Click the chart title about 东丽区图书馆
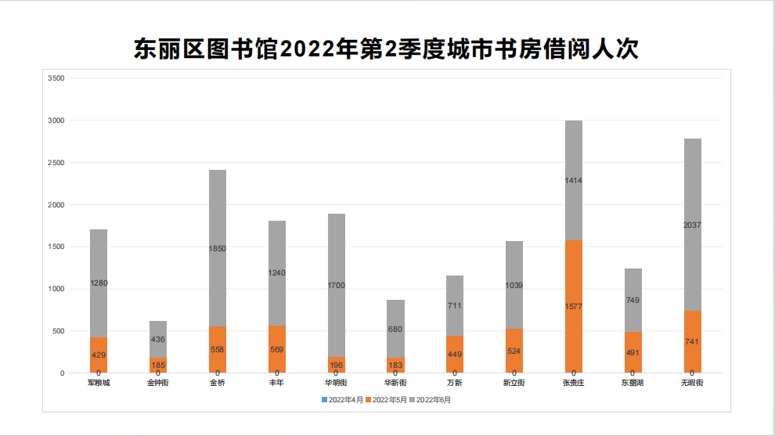click(387, 49)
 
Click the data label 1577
click(573, 306)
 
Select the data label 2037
click(692, 225)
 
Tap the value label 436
click(158, 340)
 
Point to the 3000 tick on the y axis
click(56, 121)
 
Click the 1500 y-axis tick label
click(56, 247)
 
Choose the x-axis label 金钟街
click(158, 383)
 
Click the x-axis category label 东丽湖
click(633, 383)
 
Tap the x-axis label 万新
click(455, 383)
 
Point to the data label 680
click(395, 330)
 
